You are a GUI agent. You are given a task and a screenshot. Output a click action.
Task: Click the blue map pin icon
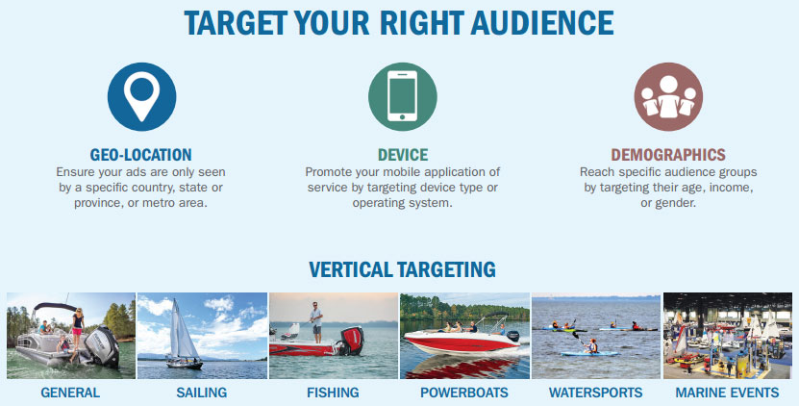141,96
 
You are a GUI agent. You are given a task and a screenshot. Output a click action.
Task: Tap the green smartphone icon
403,96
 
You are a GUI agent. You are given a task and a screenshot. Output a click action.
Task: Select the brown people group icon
668,96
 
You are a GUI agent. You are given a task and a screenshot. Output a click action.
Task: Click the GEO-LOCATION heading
141,155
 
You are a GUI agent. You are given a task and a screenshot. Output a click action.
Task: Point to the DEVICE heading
403,155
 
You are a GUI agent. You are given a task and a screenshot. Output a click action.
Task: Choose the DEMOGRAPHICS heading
668,155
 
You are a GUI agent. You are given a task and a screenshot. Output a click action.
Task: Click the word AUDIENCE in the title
542,23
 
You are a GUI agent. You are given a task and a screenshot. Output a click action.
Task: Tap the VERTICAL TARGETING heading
402,269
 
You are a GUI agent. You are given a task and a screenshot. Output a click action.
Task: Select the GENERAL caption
70,393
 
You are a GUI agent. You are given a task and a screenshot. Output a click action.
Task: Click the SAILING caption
202,393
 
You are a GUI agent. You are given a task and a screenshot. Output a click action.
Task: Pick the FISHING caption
333,393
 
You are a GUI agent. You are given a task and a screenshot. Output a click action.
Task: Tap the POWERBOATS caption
464,393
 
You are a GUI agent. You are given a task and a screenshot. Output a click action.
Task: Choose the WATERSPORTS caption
596,393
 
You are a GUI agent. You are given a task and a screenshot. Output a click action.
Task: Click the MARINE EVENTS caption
727,393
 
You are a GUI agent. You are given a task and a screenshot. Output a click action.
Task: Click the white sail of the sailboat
183,330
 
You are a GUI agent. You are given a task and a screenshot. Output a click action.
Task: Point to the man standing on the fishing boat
316,322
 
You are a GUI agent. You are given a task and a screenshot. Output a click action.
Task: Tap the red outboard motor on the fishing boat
353,341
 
